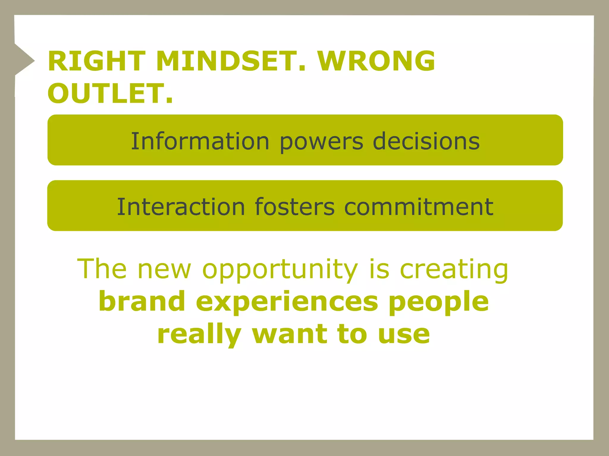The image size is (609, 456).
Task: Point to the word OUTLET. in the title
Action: point(110,94)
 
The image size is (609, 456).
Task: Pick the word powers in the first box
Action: point(321,142)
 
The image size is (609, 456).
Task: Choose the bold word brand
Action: point(142,301)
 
